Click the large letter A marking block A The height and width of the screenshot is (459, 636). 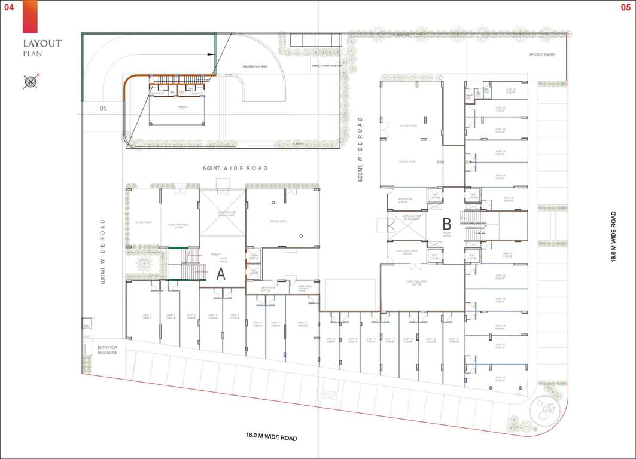pos(221,274)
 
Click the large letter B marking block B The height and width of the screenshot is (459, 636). pos(446,224)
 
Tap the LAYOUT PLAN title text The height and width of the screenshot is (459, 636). pos(42,47)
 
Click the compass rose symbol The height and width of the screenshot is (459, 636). pos(31,80)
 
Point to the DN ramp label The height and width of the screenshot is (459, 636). pos(103,109)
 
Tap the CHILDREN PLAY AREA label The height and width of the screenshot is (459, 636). pos(254,66)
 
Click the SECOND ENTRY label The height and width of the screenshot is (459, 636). pos(541,55)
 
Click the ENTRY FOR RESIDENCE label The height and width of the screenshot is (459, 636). pos(108,350)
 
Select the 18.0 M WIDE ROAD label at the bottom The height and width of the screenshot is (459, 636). pos(272,437)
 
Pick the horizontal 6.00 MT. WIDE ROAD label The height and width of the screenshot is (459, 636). pos(235,169)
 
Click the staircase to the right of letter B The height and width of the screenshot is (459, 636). pos(474,227)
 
